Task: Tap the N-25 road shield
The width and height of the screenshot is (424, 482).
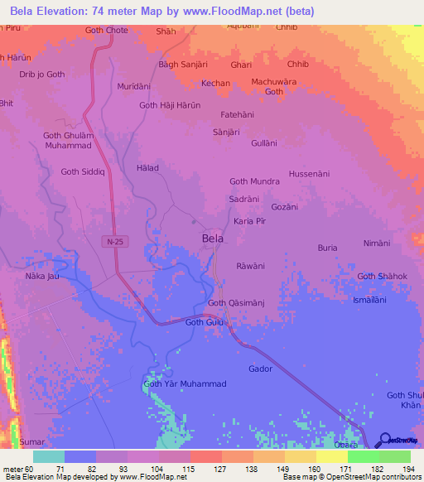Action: (x=115, y=241)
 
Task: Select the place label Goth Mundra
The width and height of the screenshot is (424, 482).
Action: (x=254, y=181)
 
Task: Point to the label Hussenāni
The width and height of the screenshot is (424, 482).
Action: (x=309, y=174)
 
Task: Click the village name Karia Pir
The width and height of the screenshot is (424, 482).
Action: (x=249, y=222)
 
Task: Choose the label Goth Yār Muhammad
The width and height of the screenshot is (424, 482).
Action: (x=185, y=384)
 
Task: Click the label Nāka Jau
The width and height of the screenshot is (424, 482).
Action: (x=43, y=275)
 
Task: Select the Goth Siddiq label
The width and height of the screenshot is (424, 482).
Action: (x=83, y=171)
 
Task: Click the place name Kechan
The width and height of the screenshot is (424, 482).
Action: (x=215, y=84)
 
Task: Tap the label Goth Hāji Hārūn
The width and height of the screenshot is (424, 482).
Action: (x=171, y=105)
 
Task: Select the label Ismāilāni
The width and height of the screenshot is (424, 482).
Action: (x=369, y=300)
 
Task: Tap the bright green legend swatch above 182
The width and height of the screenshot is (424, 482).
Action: (x=363, y=456)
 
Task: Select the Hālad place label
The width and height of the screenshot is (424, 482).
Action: (x=146, y=167)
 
